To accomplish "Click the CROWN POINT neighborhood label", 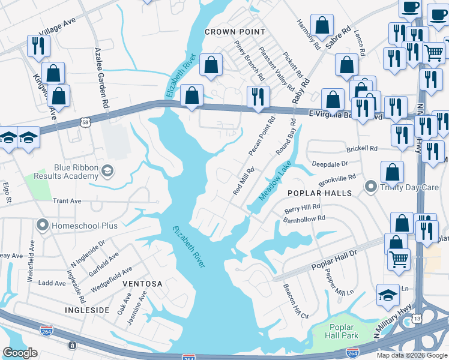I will pyautogui.click(x=235, y=31).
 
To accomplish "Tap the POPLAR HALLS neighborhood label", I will pyautogui.click(x=318, y=193).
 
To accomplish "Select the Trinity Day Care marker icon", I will pyautogui.click(x=370, y=187).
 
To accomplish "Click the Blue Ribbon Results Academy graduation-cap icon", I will pyautogui.click(x=107, y=171).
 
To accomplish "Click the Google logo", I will pyautogui.click(x=20, y=353).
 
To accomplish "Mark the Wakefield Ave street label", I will pyautogui.click(x=31, y=261).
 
